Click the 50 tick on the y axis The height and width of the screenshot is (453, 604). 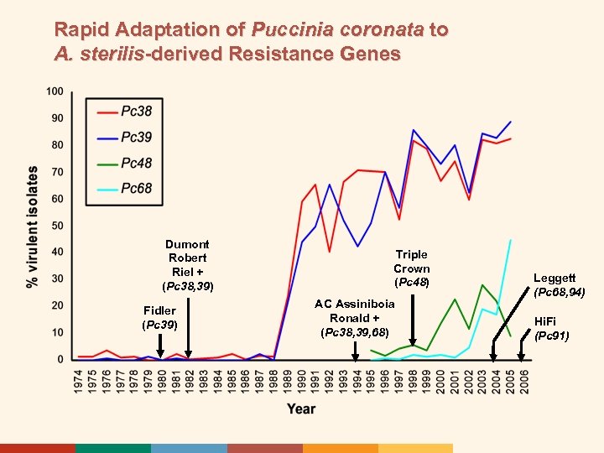coord(56,226)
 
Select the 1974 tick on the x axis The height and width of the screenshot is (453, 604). coord(79,379)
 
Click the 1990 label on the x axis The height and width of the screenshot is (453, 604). coord(300,379)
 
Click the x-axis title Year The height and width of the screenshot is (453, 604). coord(301,409)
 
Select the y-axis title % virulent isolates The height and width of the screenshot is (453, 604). coord(32,226)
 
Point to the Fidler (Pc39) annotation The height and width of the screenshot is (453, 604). coord(159,317)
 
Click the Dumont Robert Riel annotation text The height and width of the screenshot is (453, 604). coord(188,265)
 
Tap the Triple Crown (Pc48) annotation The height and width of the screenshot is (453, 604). coord(412,268)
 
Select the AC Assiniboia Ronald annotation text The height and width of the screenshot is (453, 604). coord(354,318)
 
